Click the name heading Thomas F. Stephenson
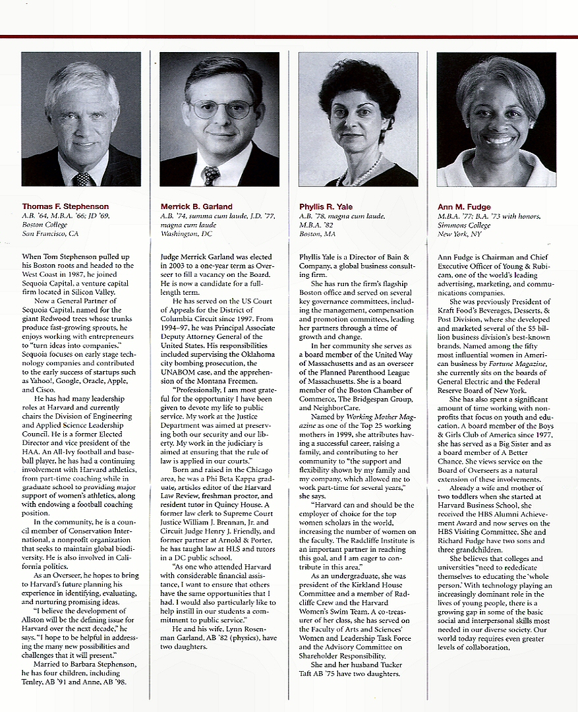pos(65,207)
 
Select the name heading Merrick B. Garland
pos(197,207)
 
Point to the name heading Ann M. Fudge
pos(463,207)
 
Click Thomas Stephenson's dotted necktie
pos(82,179)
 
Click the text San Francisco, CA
pos(50,233)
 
